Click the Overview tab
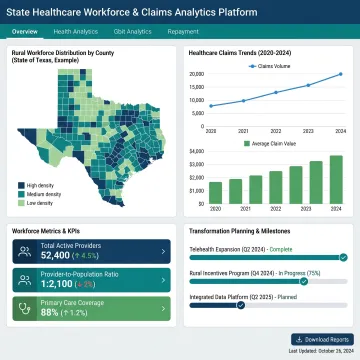point(25,32)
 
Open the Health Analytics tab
point(76,32)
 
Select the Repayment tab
point(182,32)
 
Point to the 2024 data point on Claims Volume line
point(339,74)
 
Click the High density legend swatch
point(21,185)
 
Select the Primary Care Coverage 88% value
point(50,311)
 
